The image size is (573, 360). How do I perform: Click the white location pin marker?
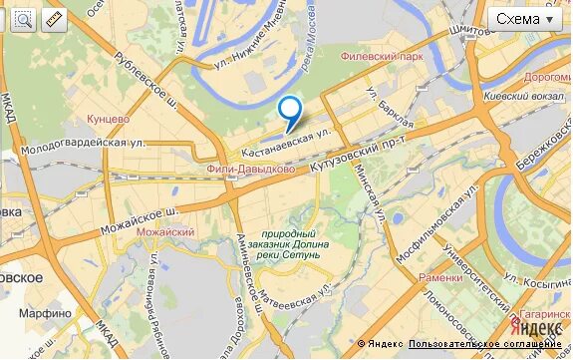[289, 110]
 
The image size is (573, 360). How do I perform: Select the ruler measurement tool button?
[53, 20]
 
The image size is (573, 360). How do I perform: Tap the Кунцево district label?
[110, 119]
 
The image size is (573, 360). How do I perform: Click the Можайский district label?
[165, 232]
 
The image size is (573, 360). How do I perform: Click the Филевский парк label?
[382, 57]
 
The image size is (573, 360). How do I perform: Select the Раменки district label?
[439, 278]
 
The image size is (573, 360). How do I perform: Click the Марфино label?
[45, 313]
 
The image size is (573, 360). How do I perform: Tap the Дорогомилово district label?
[546, 76]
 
